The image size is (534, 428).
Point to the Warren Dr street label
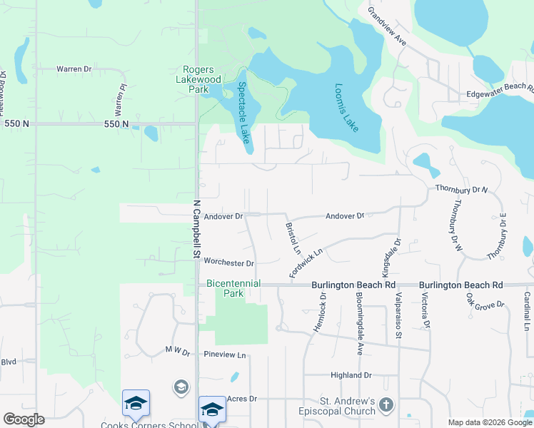pos(74,69)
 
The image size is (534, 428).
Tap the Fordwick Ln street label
pos(306,263)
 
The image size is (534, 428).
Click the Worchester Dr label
pos(229,263)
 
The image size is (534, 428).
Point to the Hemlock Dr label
pos(318,311)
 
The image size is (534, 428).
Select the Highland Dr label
pos(351,375)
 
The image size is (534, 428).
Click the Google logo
pos(24,419)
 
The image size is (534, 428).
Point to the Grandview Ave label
pos(387,27)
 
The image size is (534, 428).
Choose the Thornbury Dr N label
pos(461,190)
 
